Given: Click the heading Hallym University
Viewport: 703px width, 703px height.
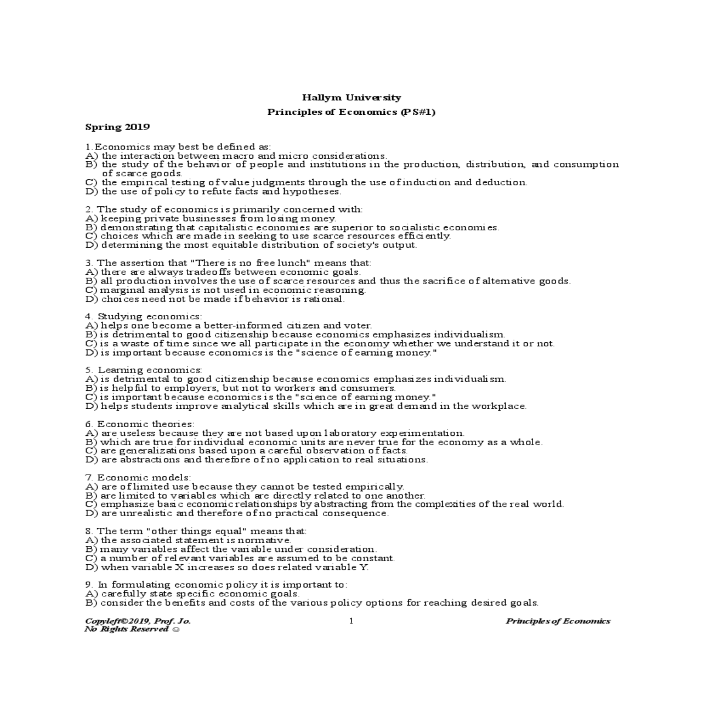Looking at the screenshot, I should coord(351,98).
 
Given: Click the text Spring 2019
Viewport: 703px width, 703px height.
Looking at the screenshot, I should coord(117,127).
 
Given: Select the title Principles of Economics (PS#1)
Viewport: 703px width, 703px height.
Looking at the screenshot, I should coord(351,112).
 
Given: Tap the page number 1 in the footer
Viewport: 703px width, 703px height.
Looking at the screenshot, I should coord(351,621).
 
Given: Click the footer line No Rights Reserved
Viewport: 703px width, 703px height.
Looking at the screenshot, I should coord(132,629).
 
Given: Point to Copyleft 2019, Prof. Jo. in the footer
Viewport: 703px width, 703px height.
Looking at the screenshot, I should coord(138,621).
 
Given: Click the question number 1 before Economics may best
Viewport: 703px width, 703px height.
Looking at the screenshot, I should coord(88,146).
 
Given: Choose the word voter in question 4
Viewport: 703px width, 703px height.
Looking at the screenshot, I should coord(357,325).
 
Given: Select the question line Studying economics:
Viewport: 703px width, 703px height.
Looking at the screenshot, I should coord(144,316).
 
